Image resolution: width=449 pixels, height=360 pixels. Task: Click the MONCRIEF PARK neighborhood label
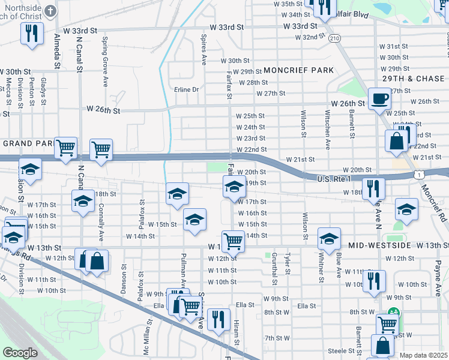[298, 70]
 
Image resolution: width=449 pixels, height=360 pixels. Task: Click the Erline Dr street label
[186, 89]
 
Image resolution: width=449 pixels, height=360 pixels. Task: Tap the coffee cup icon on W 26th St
[379, 100]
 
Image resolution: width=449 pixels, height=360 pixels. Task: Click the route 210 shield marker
[335, 38]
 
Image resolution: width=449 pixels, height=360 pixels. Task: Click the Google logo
[20, 353]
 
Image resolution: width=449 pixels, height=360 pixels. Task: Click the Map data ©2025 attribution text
[423, 355]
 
